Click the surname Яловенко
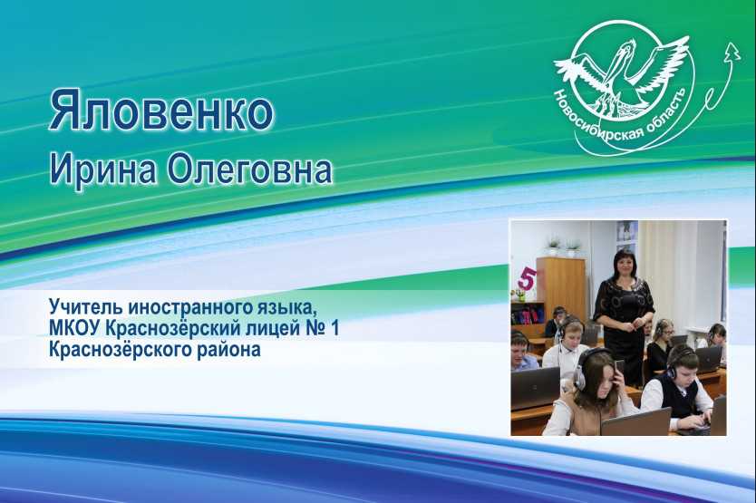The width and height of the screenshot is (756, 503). tap(161, 111)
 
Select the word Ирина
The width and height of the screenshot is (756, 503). tap(102, 169)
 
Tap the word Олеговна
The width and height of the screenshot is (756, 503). tap(250, 169)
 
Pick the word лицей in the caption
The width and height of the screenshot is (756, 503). tap(273, 328)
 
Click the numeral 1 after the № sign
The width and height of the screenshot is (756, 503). tap(335, 328)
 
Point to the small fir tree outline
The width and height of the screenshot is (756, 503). tap(732, 51)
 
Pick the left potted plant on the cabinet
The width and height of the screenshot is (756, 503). tap(553, 246)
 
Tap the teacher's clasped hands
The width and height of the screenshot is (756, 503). tap(628, 326)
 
